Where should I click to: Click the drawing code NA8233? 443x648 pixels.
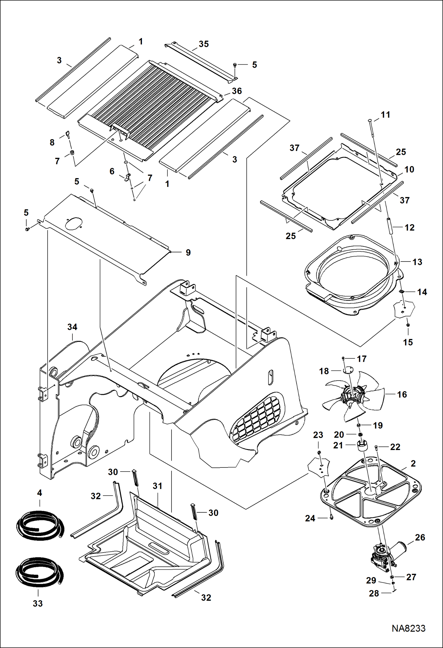408,628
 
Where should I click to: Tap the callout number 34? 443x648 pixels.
72,327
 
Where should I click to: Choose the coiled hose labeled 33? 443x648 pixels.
39,572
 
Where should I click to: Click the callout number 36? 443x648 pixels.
237,91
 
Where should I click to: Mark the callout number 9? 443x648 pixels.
188,252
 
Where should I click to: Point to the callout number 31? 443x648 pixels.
157,486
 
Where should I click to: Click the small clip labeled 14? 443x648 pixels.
402,292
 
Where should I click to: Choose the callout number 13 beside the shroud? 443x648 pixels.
417,262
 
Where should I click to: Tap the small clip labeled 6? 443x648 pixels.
127,178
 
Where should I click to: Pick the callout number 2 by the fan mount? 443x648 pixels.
413,463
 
